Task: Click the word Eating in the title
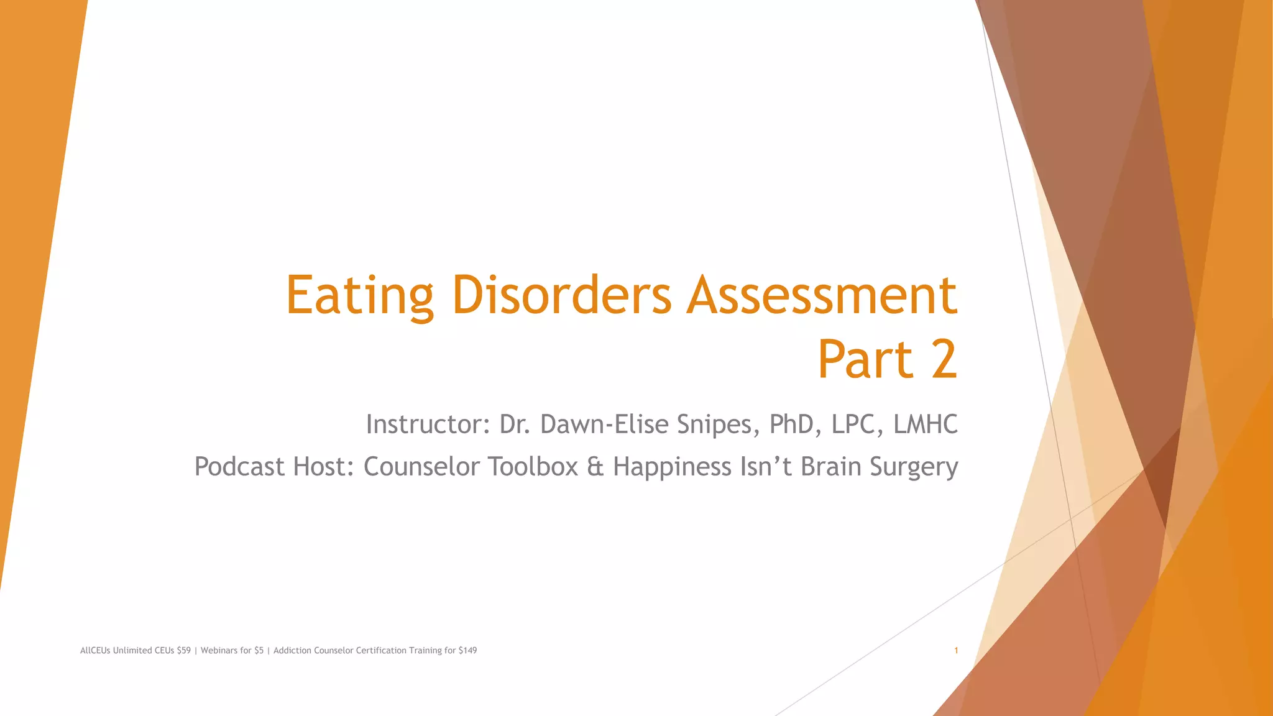[x=359, y=296]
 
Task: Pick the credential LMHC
[x=925, y=425]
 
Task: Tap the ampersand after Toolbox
[x=595, y=467]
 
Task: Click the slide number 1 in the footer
[x=956, y=651]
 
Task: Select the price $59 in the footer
[x=183, y=651]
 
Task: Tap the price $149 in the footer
[x=467, y=651]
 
